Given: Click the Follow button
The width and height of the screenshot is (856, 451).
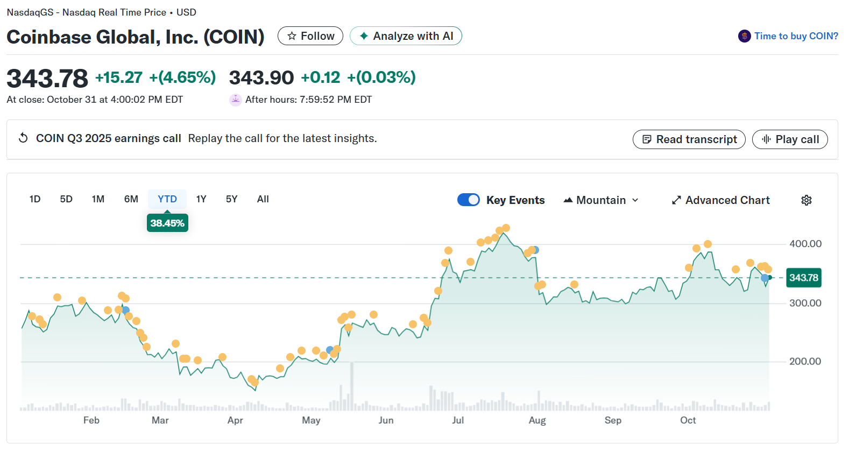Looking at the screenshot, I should [x=310, y=36].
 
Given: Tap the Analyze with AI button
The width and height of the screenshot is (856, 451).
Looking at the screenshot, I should [x=406, y=36].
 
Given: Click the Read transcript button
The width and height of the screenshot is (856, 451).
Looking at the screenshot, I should [x=689, y=139].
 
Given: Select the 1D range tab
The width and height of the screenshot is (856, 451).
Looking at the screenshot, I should [x=35, y=199].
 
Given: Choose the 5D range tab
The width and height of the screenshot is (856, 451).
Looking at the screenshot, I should [x=66, y=199].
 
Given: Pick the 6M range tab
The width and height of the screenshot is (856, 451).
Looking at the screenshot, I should [x=131, y=199].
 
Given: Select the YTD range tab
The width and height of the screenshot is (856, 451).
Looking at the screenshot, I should [x=167, y=199].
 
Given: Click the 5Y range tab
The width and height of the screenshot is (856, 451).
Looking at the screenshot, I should [x=231, y=199].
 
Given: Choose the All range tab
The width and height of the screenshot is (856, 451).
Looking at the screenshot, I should [x=263, y=199].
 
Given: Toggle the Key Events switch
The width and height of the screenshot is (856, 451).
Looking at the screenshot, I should [x=469, y=200].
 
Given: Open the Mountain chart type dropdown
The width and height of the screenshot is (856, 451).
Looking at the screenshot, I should [x=601, y=200].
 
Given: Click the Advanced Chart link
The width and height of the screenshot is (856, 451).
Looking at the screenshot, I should [x=721, y=200].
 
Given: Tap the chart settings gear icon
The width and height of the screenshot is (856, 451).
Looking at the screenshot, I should [x=807, y=200].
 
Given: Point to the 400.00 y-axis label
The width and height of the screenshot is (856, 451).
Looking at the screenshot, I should [x=805, y=244].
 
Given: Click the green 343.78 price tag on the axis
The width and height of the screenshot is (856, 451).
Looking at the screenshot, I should [x=804, y=278].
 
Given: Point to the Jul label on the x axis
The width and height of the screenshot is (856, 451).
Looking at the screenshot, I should [x=458, y=420].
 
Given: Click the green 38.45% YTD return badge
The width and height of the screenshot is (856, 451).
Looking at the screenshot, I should [x=167, y=223].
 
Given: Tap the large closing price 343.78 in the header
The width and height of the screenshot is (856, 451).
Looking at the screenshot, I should [x=47, y=79].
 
